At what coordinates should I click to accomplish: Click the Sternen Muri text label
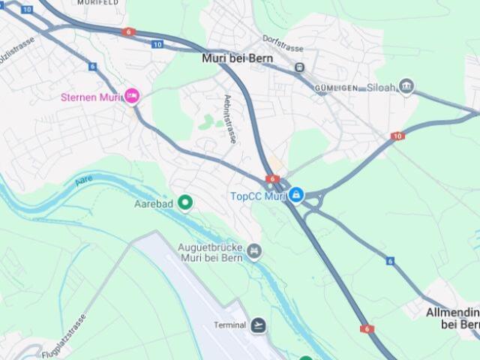[x=91, y=96]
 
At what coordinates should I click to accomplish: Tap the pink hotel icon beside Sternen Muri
[x=132, y=95]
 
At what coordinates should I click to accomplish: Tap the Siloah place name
[x=381, y=87]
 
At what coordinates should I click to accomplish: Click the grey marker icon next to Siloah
[x=406, y=86]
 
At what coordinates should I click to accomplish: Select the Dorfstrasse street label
[x=283, y=43]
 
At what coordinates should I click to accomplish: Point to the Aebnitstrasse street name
[x=229, y=119]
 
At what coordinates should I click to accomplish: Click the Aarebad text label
[x=154, y=203]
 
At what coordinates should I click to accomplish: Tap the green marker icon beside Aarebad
[x=184, y=202]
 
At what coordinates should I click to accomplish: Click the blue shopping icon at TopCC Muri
[x=296, y=196]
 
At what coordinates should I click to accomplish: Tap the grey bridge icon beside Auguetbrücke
[x=255, y=250]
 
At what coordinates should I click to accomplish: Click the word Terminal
[x=230, y=325]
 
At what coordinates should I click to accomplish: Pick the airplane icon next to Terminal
[x=259, y=325]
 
